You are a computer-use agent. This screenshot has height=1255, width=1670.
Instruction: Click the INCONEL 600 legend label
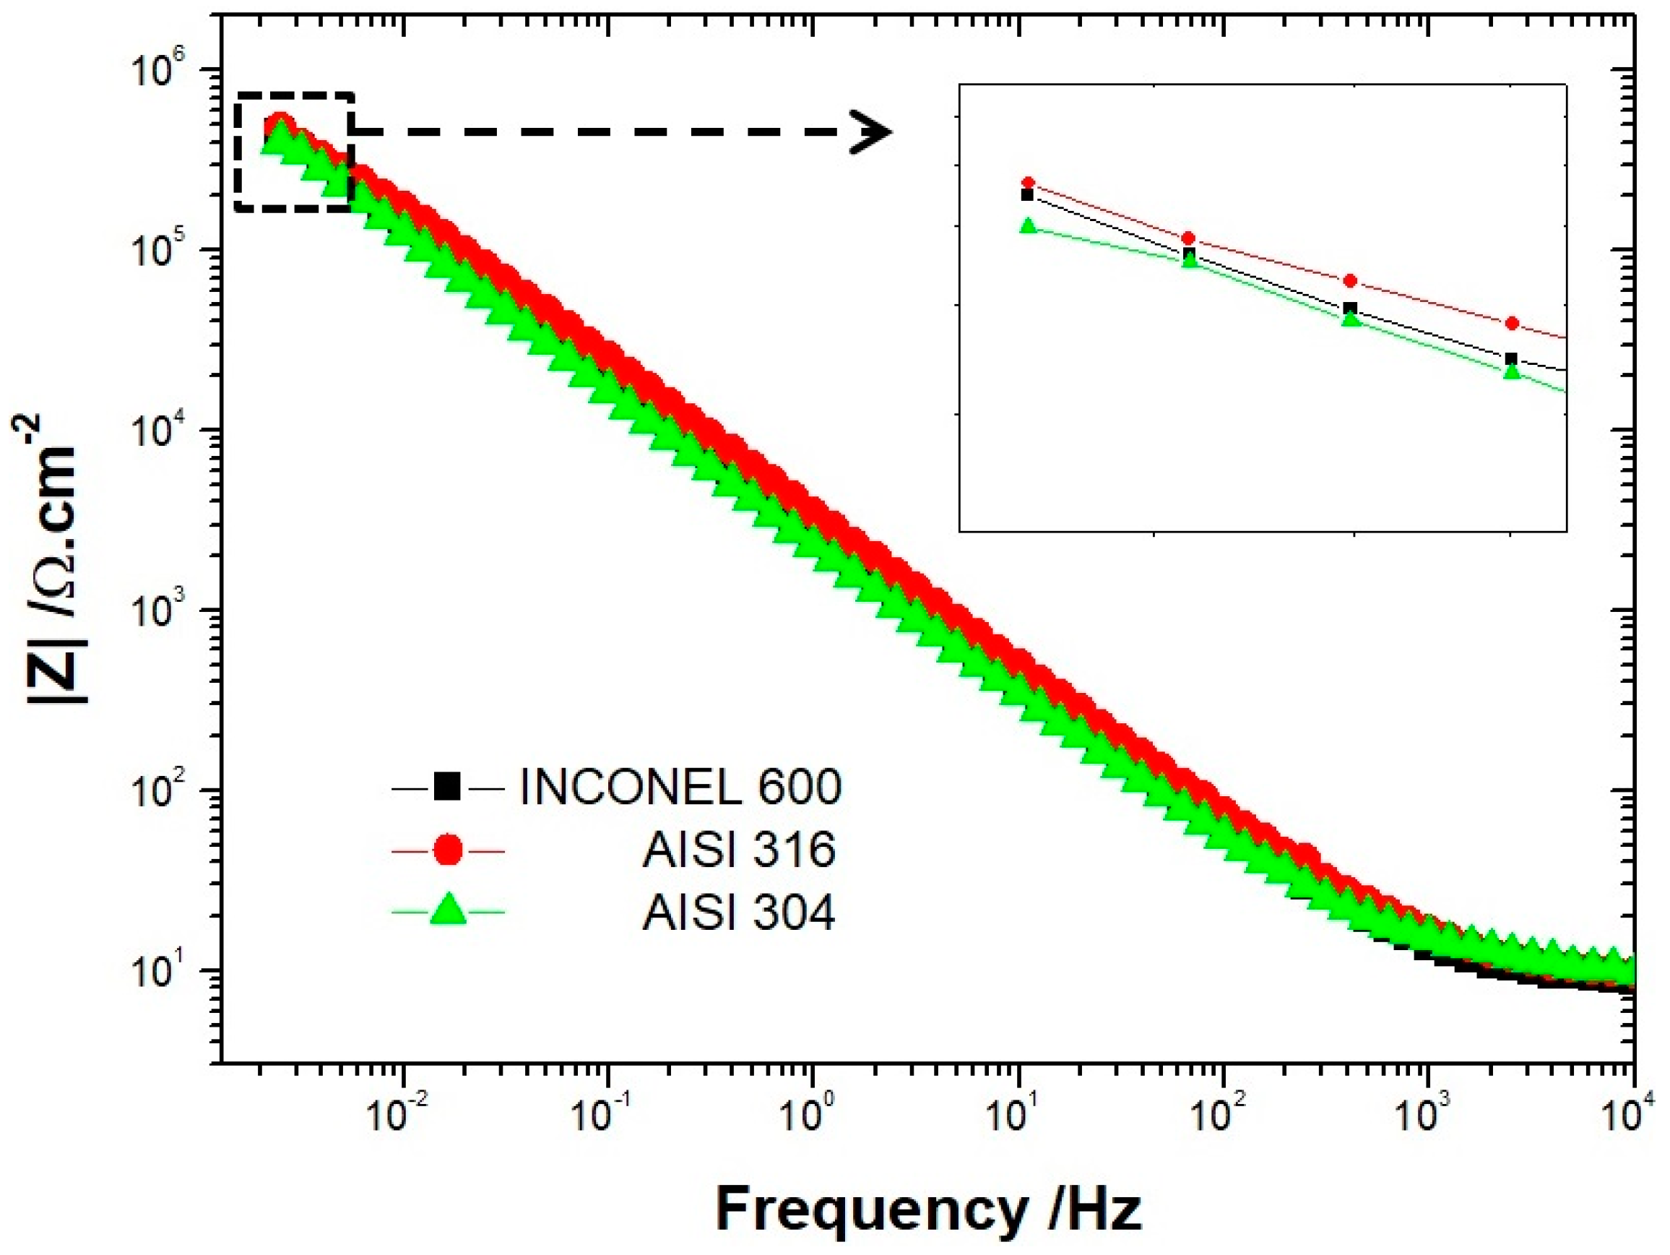click(680, 787)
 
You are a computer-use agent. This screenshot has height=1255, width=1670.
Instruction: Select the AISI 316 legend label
click(738, 850)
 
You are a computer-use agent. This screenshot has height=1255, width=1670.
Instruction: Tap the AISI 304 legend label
click(738, 913)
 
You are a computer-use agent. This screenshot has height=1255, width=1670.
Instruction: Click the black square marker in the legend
click(447, 787)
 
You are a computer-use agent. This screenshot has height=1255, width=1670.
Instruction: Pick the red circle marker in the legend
click(447, 850)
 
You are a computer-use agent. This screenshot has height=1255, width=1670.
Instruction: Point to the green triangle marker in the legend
click(447, 911)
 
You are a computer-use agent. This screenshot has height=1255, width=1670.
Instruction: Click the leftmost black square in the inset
click(1026, 196)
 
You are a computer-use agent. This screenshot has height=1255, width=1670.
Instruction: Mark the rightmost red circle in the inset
click(1512, 323)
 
